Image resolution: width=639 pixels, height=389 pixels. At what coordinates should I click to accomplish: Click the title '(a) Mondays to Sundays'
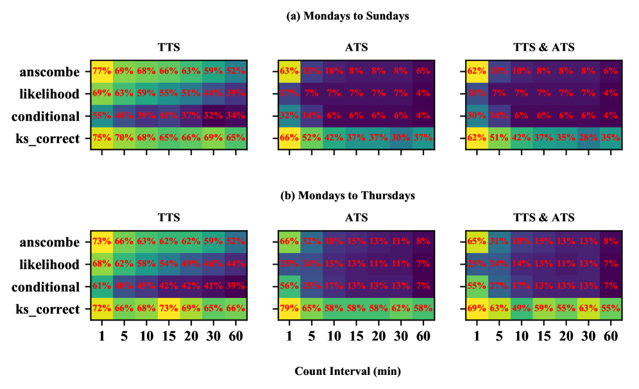(347, 17)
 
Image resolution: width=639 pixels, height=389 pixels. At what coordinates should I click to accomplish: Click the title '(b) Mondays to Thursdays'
(347, 195)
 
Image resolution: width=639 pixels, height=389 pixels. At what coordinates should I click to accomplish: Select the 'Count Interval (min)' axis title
(347, 371)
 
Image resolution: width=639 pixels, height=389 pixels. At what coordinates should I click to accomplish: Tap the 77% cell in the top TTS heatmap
(101, 72)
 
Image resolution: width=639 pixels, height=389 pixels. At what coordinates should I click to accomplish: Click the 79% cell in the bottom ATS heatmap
(289, 310)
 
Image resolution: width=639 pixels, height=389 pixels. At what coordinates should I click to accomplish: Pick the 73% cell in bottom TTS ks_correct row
(169, 310)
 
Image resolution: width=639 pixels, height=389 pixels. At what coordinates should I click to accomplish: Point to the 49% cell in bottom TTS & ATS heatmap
(521, 310)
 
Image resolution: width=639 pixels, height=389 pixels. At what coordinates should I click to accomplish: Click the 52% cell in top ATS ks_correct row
(311, 139)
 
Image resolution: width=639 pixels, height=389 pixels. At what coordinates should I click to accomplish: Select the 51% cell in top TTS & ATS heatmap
(499, 139)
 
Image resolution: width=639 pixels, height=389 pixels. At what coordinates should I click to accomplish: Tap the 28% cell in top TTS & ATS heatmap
(588, 139)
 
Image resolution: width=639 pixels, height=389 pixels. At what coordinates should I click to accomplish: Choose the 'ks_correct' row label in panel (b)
(49, 310)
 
